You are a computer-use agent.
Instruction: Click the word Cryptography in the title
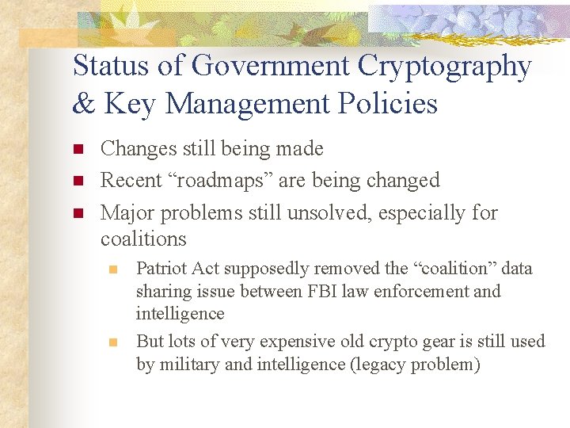coord(445,67)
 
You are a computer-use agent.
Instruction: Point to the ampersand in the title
coord(82,104)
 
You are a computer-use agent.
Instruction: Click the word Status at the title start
coord(110,67)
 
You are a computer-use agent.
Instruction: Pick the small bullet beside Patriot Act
coord(113,269)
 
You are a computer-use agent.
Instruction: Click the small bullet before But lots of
coord(113,342)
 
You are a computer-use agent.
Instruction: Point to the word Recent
coord(127,181)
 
